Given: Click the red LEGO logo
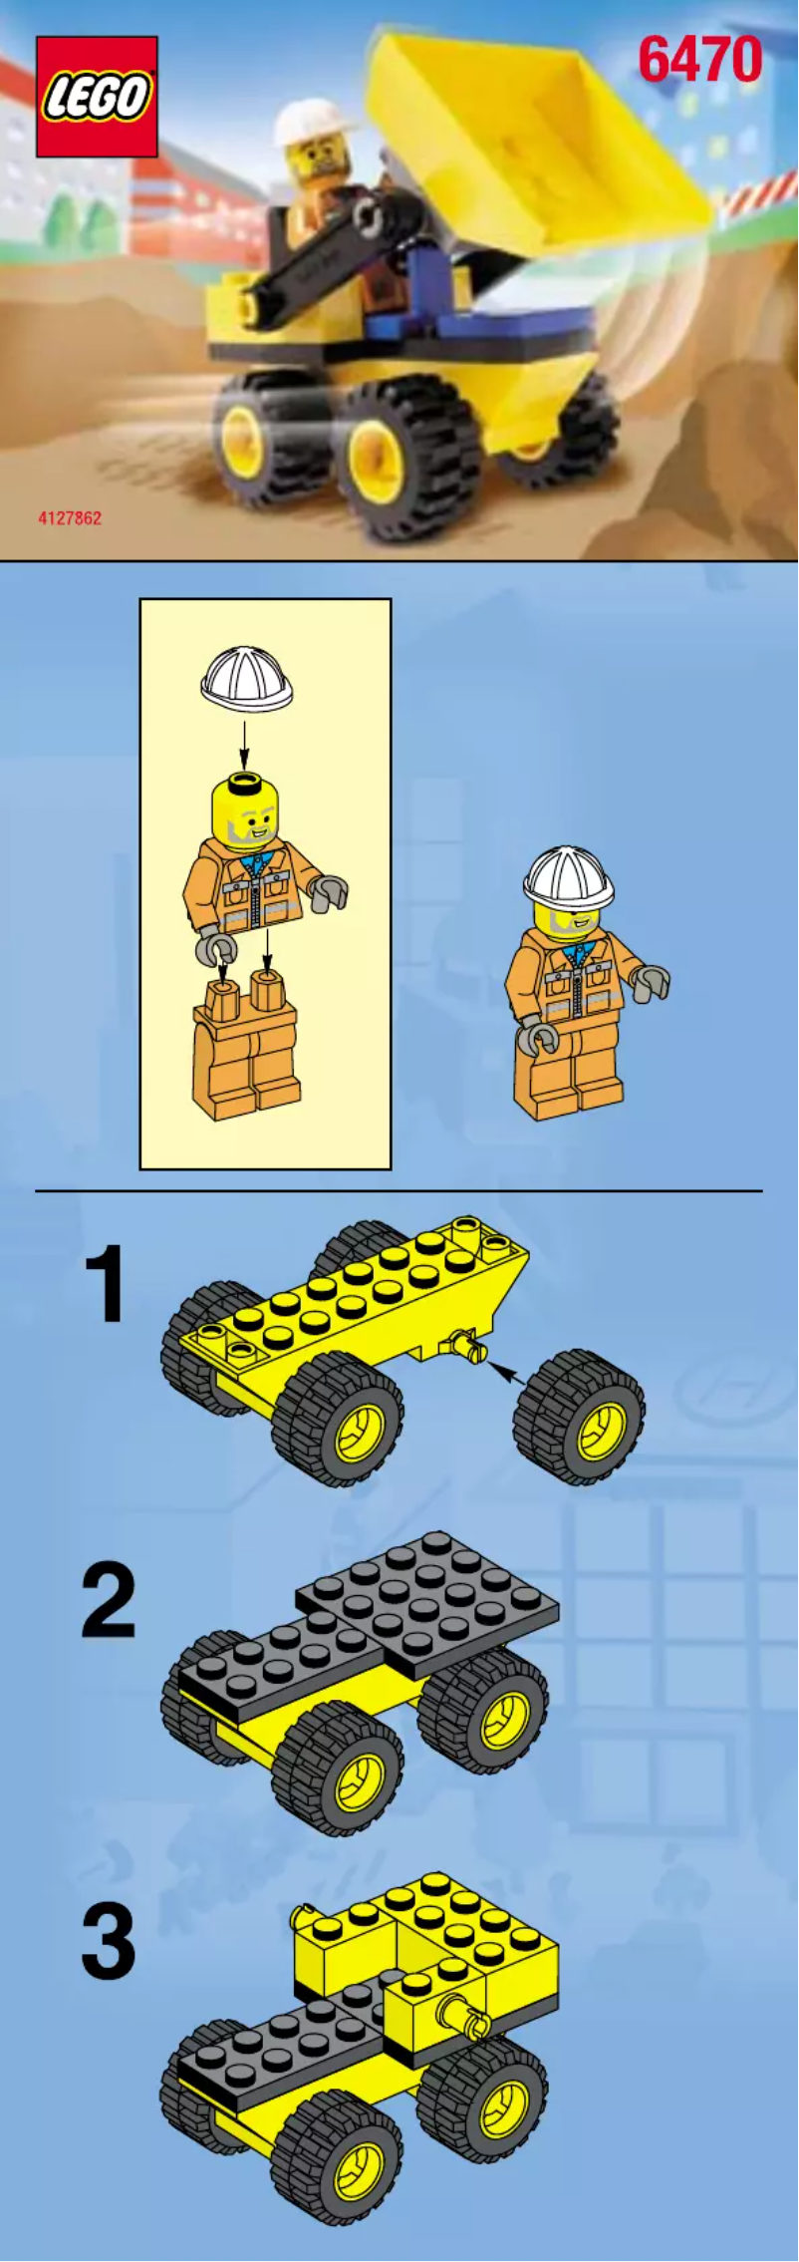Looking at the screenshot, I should click(97, 97).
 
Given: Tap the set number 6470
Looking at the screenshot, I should click(699, 60).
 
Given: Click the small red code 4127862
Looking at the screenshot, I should click(70, 518).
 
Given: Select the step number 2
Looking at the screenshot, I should click(108, 1602).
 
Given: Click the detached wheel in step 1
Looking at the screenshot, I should click(580, 1418).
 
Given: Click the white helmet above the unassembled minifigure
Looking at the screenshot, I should click(246, 679).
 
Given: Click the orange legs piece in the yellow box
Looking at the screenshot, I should click(246, 1047).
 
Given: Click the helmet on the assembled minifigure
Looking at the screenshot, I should click(568, 877).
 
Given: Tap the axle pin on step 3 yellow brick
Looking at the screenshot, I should click(466, 2019).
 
